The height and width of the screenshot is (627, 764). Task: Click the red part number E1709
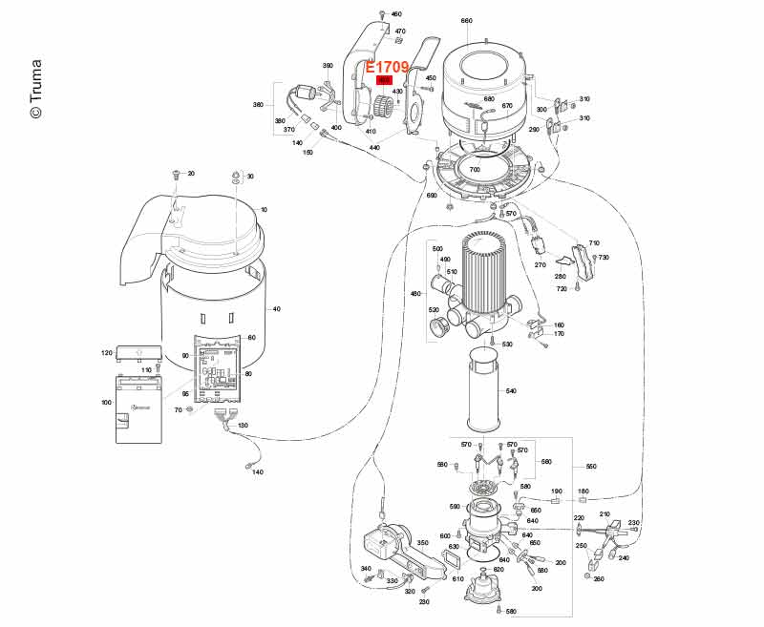point(388,67)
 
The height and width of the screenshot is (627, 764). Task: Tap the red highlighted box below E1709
point(385,80)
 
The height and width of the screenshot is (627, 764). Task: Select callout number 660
point(466,20)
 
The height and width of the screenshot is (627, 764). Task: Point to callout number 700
point(475,169)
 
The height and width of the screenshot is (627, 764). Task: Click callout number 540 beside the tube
point(511,391)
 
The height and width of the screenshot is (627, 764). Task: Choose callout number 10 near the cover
point(265,209)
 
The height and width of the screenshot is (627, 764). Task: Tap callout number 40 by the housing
point(277,308)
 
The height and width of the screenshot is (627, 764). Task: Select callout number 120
point(106,353)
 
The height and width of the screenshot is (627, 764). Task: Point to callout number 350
point(422,542)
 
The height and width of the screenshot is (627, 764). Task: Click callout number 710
point(594,244)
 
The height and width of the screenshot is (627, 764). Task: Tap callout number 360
point(258,105)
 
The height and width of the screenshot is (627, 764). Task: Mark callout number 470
point(400,31)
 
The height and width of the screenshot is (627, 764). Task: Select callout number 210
point(604,514)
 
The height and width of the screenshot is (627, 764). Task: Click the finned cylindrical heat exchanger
point(488,277)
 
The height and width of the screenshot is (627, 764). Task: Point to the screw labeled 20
point(176,176)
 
